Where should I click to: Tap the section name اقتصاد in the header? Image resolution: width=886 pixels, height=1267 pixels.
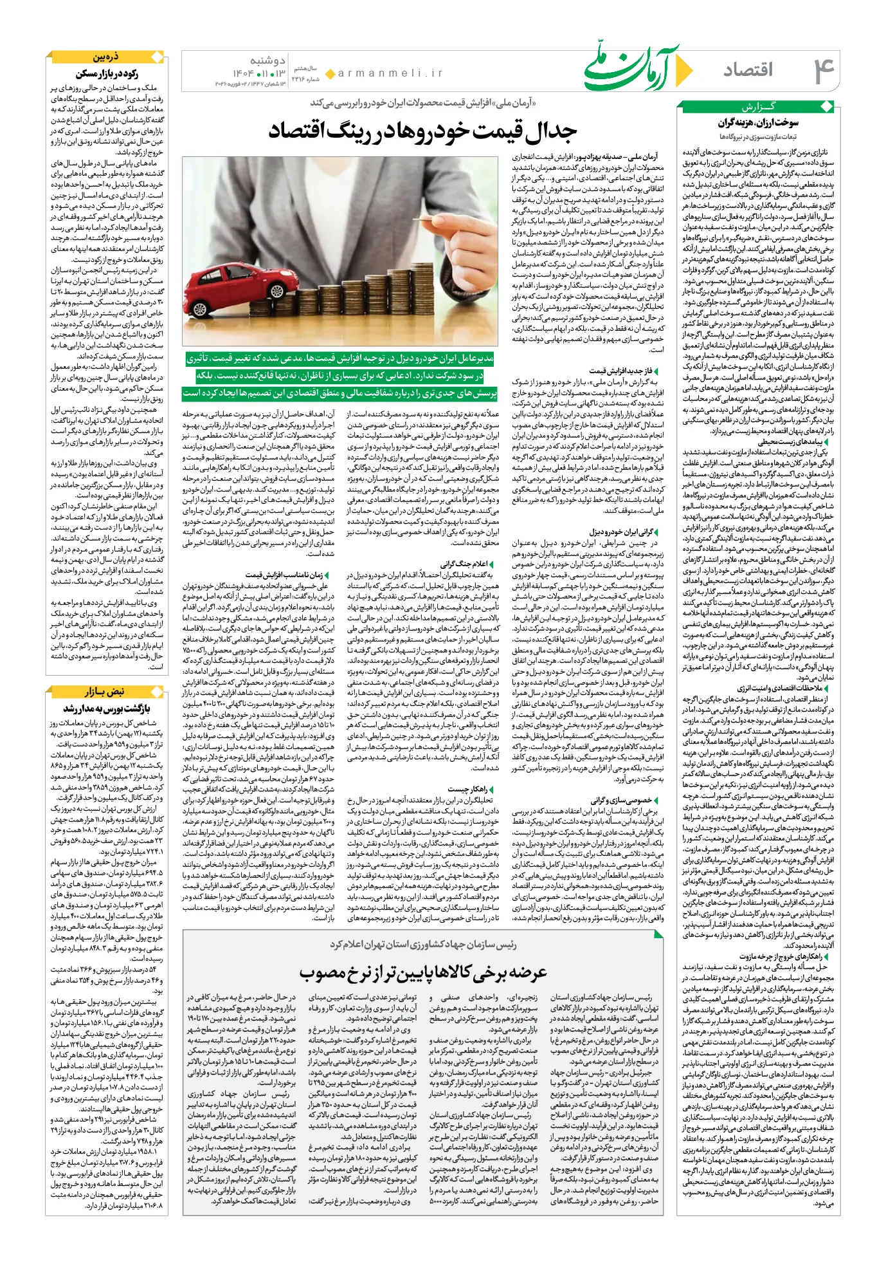(x=748, y=69)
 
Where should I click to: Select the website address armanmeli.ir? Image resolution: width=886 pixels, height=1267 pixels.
(x=391, y=73)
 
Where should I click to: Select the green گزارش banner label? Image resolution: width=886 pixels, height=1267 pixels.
(x=759, y=107)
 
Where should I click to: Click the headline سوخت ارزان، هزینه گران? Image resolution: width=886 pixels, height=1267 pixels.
(x=758, y=122)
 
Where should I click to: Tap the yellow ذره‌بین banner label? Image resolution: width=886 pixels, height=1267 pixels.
(x=105, y=57)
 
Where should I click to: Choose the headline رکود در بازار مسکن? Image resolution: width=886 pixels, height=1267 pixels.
(x=107, y=73)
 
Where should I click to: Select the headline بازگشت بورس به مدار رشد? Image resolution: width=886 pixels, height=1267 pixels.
(x=107, y=708)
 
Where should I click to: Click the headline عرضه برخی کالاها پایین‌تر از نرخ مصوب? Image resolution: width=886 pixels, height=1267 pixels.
(x=422, y=972)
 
